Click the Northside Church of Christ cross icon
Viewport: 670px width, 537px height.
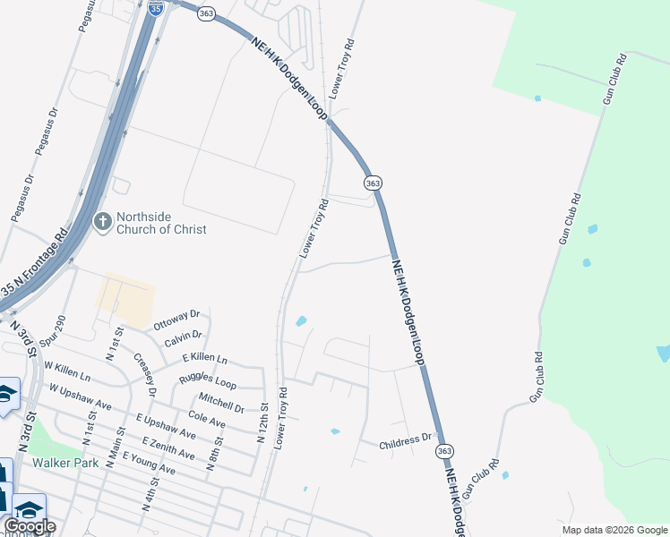(x=103, y=221)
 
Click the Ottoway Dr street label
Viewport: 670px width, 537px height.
(x=176, y=319)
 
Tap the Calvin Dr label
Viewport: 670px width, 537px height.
(x=184, y=338)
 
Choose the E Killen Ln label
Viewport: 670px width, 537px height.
(x=204, y=358)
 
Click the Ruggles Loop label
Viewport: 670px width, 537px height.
(x=207, y=379)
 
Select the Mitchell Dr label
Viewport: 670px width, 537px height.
(x=221, y=402)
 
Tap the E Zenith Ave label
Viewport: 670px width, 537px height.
(x=167, y=447)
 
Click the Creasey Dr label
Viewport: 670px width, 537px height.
(x=144, y=374)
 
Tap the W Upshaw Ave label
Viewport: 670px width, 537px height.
(x=81, y=398)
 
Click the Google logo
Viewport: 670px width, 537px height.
(x=30, y=526)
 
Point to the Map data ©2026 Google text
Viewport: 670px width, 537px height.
(x=614, y=530)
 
